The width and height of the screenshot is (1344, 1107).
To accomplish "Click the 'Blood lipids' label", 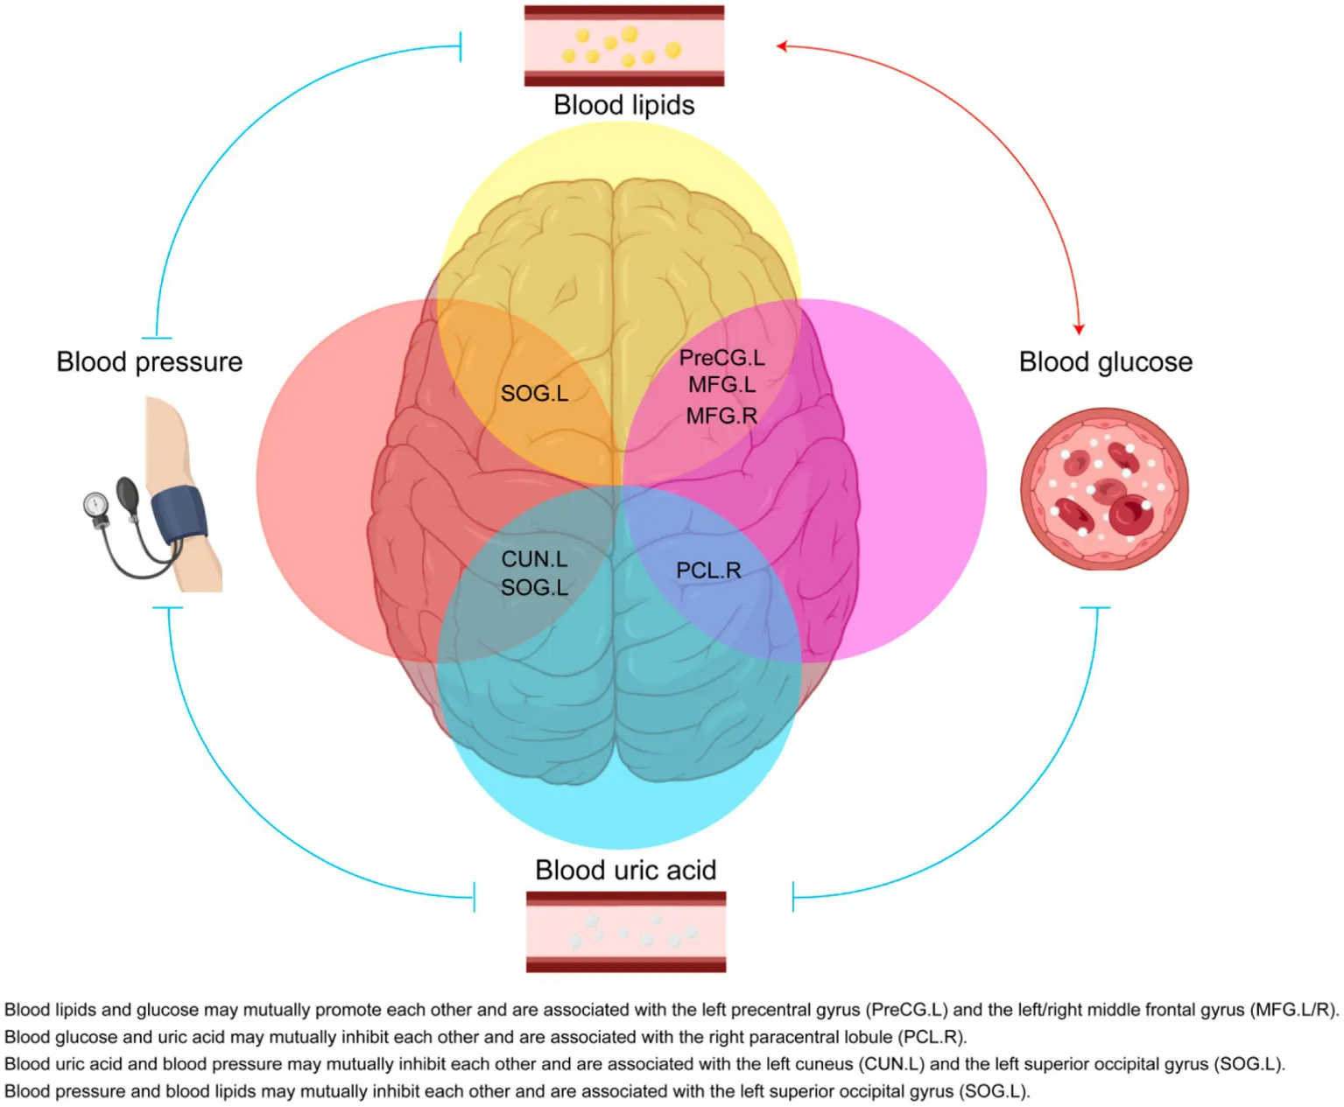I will pyautogui.click(x=623, y=105).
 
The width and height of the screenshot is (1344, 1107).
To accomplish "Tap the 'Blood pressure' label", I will pyautogui.click(x=149, y=361).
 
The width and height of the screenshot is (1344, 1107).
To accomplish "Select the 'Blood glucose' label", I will pyautogui.click(x=1105, y=361).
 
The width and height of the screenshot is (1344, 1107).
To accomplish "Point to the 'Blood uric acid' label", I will pyautogui.click(x=625, y=870).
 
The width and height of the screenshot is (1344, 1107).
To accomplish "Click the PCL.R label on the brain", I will pyautogui.click(x=708, y=571).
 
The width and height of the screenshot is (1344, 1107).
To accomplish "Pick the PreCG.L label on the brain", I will pyautogui.click(x=721, y=358).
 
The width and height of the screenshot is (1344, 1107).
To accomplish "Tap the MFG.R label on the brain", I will pyautogui.click(x=721, y=416).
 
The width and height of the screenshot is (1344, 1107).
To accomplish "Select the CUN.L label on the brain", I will pyautogui.click(x=534, y=559).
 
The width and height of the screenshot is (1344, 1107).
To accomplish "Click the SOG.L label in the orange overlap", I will pyautogui.click(x=534, y=394).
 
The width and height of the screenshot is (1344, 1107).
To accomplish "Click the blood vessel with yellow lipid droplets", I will pyautogui.click(x=623, y=46).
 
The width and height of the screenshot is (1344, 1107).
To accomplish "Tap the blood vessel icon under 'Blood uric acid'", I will pyautogui.click(x=625, y=931).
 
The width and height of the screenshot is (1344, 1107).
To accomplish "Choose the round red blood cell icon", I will pyautogui.click(x=1104, y=488).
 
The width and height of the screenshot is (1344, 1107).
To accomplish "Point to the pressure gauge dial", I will pyautogui.click(x=95, y=504).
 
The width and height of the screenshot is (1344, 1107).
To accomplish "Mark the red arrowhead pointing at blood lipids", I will pyautogui.click(x=782, y=46).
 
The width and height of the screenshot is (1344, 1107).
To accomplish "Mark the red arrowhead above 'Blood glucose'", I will pyautogui.click(x=1079, y=329).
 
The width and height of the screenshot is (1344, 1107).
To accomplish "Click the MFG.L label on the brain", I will pyautogui.click(x=721, y=385).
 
